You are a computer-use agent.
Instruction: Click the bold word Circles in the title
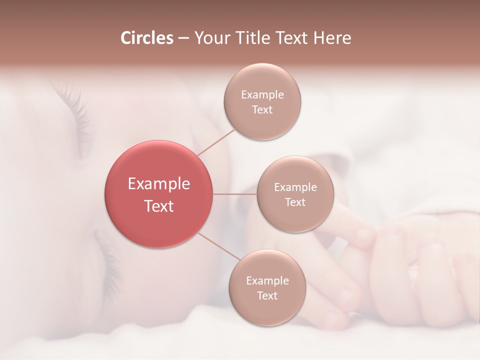pos(146,38)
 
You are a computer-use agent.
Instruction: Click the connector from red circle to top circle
pos(216,142)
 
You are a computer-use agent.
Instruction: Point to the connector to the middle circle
pos(235,194)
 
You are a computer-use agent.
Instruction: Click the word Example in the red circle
pos(159,184)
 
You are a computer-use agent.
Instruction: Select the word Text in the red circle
pos(159,206)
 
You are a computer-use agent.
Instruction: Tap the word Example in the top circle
pos(262,95)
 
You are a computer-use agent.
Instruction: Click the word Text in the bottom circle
pos(267,296)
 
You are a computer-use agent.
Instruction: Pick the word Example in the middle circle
pos(295,187)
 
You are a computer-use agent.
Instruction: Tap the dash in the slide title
pos(183,38)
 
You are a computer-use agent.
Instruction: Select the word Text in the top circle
pos(262,110)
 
